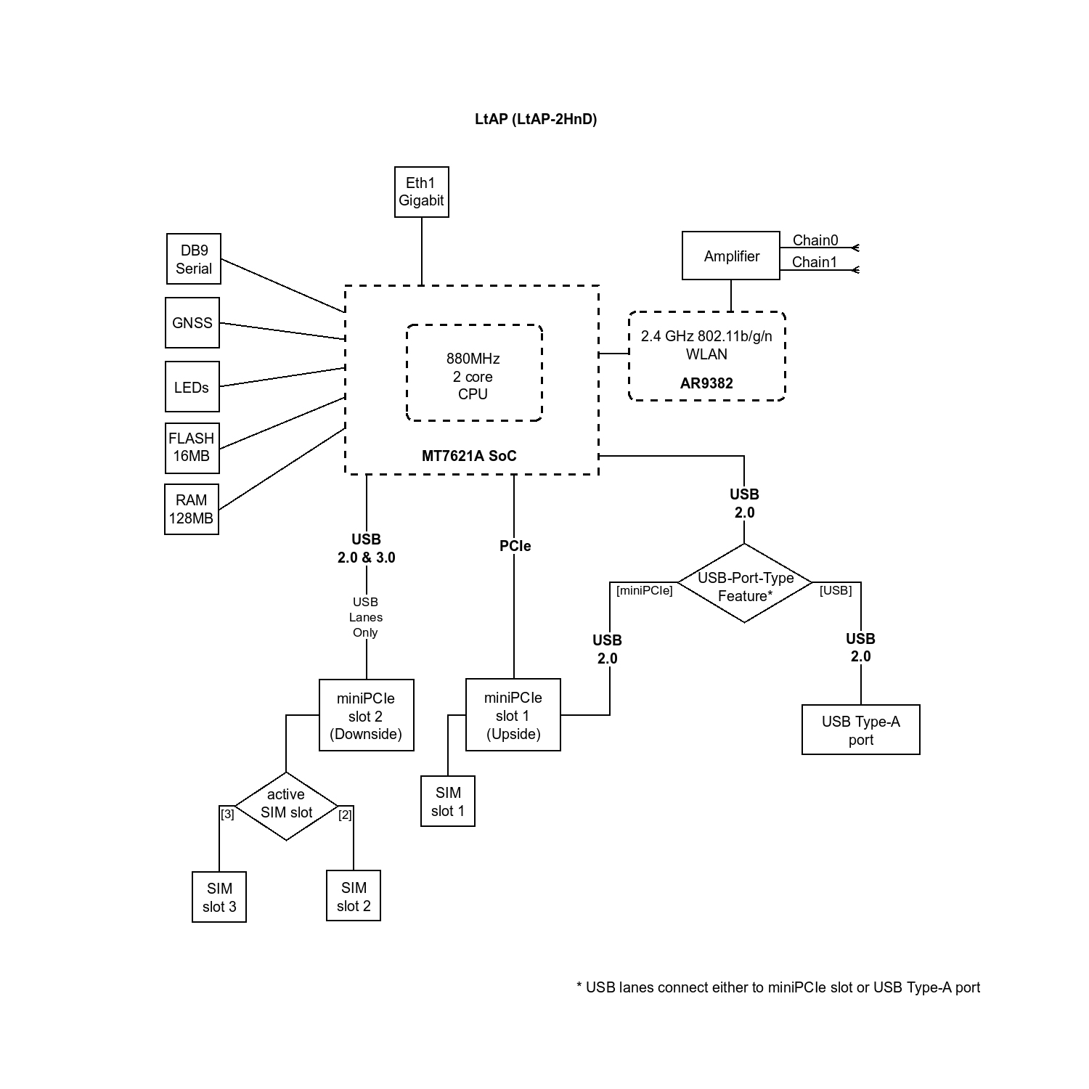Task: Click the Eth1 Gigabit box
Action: (421, 192)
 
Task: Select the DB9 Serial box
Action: (193, 259)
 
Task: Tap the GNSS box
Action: (192, 323)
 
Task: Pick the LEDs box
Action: (192, 387)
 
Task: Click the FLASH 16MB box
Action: (192, 447)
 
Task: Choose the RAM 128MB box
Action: (192, 509)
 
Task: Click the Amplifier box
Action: (730, 256)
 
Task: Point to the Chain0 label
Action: (815, 240)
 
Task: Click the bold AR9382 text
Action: (706, 383)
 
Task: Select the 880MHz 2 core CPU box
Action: (473, 373)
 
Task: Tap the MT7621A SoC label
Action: (469, 456)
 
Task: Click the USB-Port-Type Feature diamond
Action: (745, 583)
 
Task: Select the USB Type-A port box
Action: (860, 730)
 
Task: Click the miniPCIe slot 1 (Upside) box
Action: (513, 715)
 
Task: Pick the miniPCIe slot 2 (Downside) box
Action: (366, 715)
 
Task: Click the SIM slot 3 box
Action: (219, 897)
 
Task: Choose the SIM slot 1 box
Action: (448, 802)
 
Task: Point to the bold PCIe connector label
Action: (515, 546)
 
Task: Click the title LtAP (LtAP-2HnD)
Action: (536, 119)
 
